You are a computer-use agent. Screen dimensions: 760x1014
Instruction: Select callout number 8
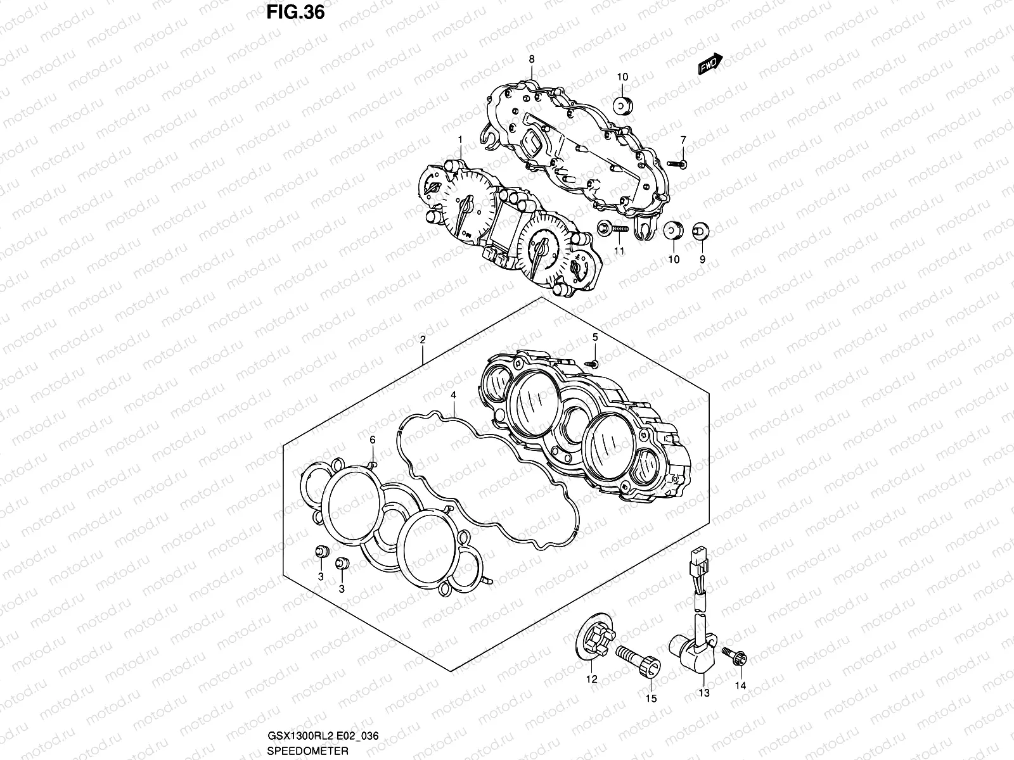tap(532, 59)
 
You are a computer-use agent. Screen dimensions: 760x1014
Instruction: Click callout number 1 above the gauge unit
tap(460, 139)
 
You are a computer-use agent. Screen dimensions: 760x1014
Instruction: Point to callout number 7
tap(683, 140)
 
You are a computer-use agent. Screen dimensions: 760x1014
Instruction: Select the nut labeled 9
tap(700, 231)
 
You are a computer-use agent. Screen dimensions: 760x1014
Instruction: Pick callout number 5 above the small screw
tap(595, 337)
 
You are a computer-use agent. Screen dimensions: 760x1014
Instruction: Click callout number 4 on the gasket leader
tap(454, 395)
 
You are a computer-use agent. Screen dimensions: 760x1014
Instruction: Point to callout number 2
tap(422, 340)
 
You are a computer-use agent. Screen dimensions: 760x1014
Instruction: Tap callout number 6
tap(373, 440)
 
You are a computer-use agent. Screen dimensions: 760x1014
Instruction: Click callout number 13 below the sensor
tap(705, 693)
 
